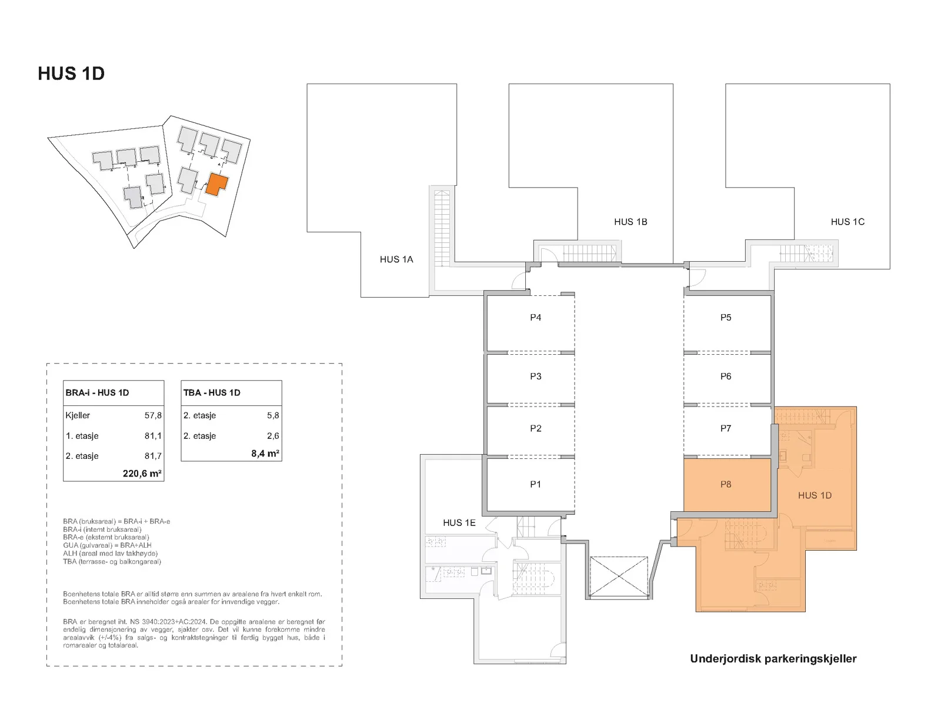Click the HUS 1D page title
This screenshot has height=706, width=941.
tap(71, 74)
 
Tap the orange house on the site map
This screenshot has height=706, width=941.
tap(216, 184)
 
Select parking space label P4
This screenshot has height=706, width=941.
tap(535, 318)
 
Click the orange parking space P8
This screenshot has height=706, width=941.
tap(727, 485)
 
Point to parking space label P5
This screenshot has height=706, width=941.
tap(725, 318)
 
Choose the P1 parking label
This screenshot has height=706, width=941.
tap(535, 484)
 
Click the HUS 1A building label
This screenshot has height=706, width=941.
tap(396, 259)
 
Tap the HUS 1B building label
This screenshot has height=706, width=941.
tap(630, 222)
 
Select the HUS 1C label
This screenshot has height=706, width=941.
tap(847, 222)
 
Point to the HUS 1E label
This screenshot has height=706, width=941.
tap(459, 523)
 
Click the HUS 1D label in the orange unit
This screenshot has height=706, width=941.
tap(815, 495)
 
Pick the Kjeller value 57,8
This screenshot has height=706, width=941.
tap(153, 415)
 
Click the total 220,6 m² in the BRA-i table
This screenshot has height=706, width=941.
tap(142, 473)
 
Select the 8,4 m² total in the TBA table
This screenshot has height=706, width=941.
tap(265, 453)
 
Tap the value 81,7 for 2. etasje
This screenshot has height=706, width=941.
tap(153, 456)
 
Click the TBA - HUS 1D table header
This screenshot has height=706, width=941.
tap(212, 392)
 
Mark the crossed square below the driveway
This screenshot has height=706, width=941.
tap(619, 577)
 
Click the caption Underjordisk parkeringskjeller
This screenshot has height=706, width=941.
tap(773, 659)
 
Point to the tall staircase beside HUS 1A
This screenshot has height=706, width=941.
tap(442, 229)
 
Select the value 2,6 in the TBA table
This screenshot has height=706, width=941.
tap(273, 436)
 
